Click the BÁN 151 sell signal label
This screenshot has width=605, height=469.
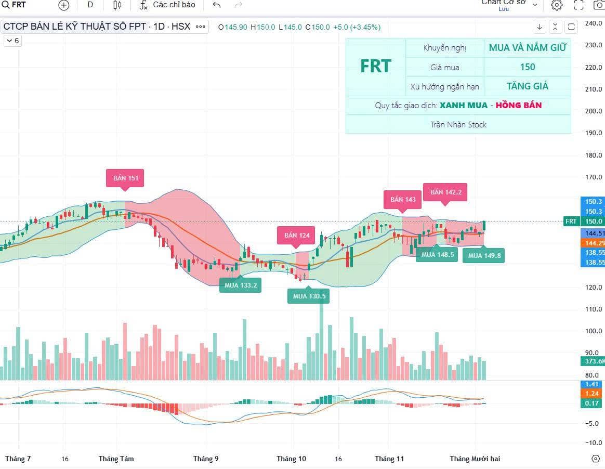click(x=125, y=178)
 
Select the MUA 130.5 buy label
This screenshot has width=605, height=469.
click(x=309, y=296)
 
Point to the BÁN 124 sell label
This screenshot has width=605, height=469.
click(x=296, y=236)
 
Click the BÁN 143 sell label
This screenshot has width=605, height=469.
click(x=403, y=199)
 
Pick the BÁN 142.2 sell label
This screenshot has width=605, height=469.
click(x=445, y=192)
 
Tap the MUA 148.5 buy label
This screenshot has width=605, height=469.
click(x=437, y=255)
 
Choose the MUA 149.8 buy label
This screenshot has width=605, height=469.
click(x=484, y=255)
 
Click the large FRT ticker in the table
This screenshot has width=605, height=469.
click(x=375, y=67)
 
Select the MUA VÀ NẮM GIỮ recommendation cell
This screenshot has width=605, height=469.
click(x=527, y=48)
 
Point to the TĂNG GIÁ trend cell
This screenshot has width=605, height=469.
click(x=527, y=86)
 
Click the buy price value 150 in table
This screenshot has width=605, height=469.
click(x=527, y=67)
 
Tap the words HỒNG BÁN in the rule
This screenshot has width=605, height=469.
click(x=518, y=106)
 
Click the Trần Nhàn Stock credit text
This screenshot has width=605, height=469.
click(x=458, y=125)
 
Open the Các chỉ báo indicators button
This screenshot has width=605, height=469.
click(x=167, y=5)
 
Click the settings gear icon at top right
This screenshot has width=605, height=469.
click(x=557, y=5)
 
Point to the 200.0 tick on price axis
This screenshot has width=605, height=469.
click(x=593, y=111)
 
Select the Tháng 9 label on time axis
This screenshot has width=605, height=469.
click(x=206, y=459)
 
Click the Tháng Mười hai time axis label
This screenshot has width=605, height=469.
click(x=475, y=459)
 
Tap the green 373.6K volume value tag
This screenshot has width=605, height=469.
click(x=593, y=361)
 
